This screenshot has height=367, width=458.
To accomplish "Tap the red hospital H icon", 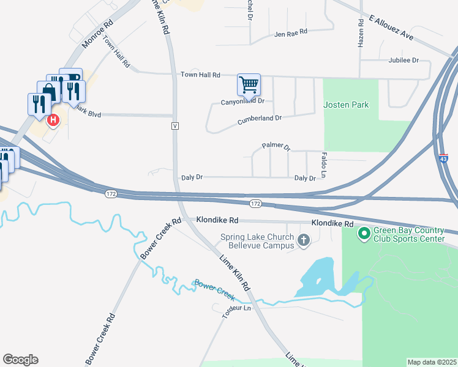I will coord(53,120).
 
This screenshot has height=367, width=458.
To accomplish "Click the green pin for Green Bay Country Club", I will coord(364,233).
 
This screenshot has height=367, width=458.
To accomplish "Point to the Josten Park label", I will coord(346,105).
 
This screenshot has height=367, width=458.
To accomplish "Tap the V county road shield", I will coord(175,125).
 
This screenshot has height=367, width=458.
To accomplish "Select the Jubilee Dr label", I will coord(403,61).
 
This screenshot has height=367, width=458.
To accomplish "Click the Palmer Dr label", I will coord(276,146).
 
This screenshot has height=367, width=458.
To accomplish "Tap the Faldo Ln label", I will coord(323,161).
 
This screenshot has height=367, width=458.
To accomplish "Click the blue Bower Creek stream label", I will coord(214,289).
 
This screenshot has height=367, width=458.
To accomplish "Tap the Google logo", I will coord(20,360).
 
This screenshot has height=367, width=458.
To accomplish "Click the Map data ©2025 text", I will coord(432,362).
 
